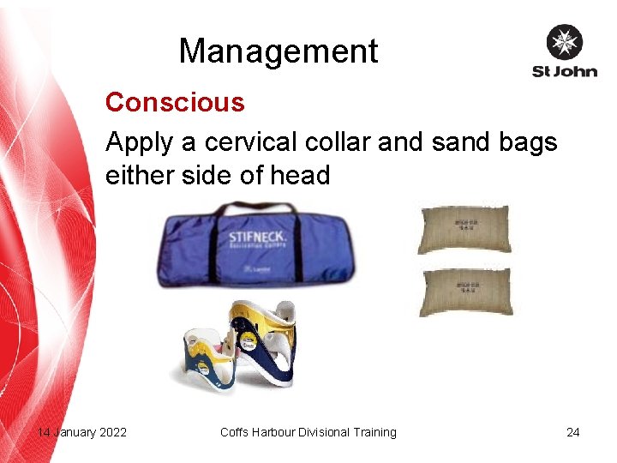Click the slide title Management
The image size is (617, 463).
tap(278, 51)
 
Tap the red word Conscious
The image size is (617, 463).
tap(175, 103)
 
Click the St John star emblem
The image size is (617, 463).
tap(564, 42)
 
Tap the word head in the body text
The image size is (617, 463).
tap(299, 176)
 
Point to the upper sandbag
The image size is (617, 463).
tap(464, 229)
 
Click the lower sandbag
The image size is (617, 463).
tap(464, 292)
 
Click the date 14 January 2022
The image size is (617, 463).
tap(82, 432)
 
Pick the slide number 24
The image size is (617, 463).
tap(572, 432)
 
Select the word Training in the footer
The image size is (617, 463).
tap(374, 432)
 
